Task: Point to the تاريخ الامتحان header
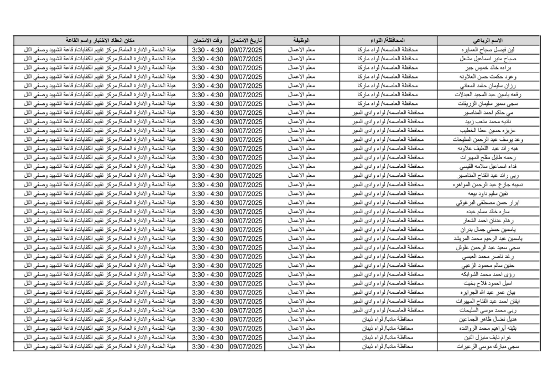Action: (x=246, y=41)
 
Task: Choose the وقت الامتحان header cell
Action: (x=208, y=41)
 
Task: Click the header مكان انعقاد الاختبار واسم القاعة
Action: (x=100, y=41)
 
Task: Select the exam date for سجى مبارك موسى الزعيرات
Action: (x=246, y=346)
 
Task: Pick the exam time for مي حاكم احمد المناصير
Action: (x=208, y=113)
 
